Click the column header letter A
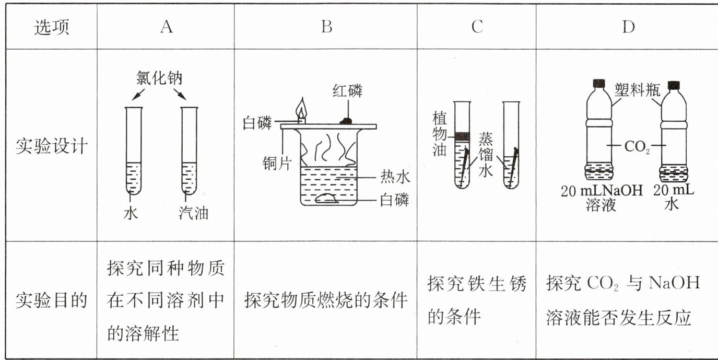tap(167, 27)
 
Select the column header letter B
tap(327, 27)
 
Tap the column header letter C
tap(477, 27)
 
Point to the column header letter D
tap(628, 27)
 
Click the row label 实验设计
tap(51, 146)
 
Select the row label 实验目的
tap(51, 300)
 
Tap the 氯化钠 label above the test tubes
tap(159, 78)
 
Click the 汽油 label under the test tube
tap(194, 213)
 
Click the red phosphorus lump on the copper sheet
tap(346, 121)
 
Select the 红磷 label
tap(347, 91)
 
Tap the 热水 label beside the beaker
tap(395, 177)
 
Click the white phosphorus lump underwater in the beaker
tap(326, 199)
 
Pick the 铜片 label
tap(277, 164)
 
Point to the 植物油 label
tap(440, 134)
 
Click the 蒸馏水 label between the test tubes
tap(486, 155)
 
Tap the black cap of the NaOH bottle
tap(599, 84)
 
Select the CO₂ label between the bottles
tap(637, 147)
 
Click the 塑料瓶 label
tap(637, 90)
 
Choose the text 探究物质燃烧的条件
tap(326, 300)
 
